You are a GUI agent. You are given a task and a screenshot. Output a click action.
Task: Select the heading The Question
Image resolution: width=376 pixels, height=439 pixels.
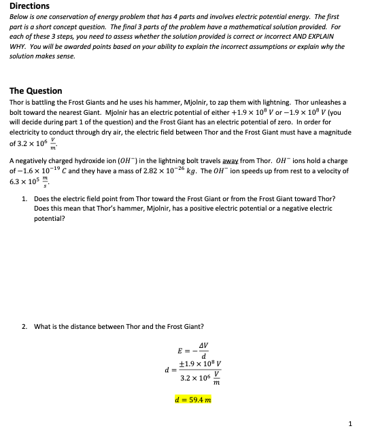pyautogui.click(x=36, y=90)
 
